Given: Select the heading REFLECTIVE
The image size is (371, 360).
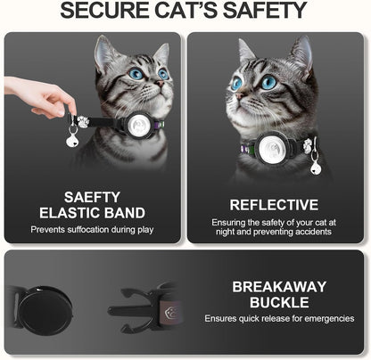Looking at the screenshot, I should click(x=274, y=204).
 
